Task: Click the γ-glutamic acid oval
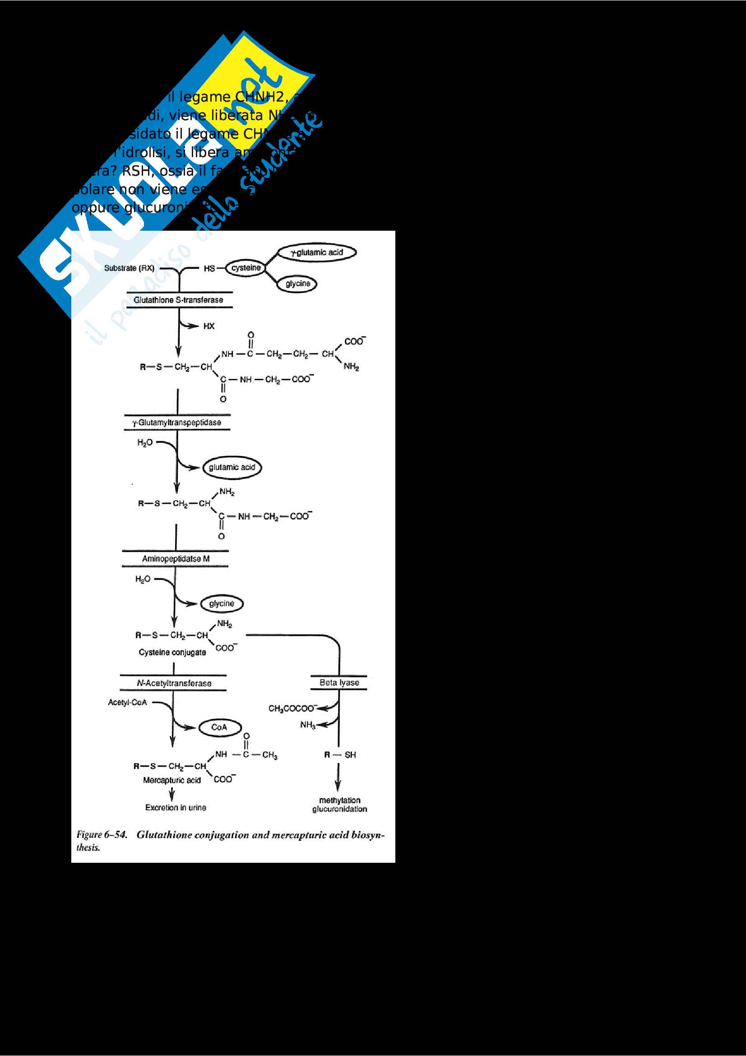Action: pos(317,252)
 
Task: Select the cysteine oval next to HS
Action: pos(246,268)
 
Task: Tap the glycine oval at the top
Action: pos(297,284)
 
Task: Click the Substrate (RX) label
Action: pos(129,268)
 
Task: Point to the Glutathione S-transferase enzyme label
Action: pos(178,300)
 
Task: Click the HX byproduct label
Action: pos(209,326)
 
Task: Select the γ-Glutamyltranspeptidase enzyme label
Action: pos(176,422)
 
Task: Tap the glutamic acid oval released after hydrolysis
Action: pos(232,467)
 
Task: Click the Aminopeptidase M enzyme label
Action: pos(176,558)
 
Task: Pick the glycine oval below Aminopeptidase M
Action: pos(222,604)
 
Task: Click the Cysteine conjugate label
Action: pos(172,652)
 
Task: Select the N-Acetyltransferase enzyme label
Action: pos(174,683)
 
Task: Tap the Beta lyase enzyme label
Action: pos(339,683)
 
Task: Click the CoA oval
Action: pos(219,727)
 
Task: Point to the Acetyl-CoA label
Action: pos(127,702)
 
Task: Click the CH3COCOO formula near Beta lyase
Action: pos(292,708)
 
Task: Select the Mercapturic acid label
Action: pos(171,780)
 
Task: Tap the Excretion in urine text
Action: pos(176,807)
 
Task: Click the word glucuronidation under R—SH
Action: pos(340,809)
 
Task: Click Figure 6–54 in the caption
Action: pos(102,834)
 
